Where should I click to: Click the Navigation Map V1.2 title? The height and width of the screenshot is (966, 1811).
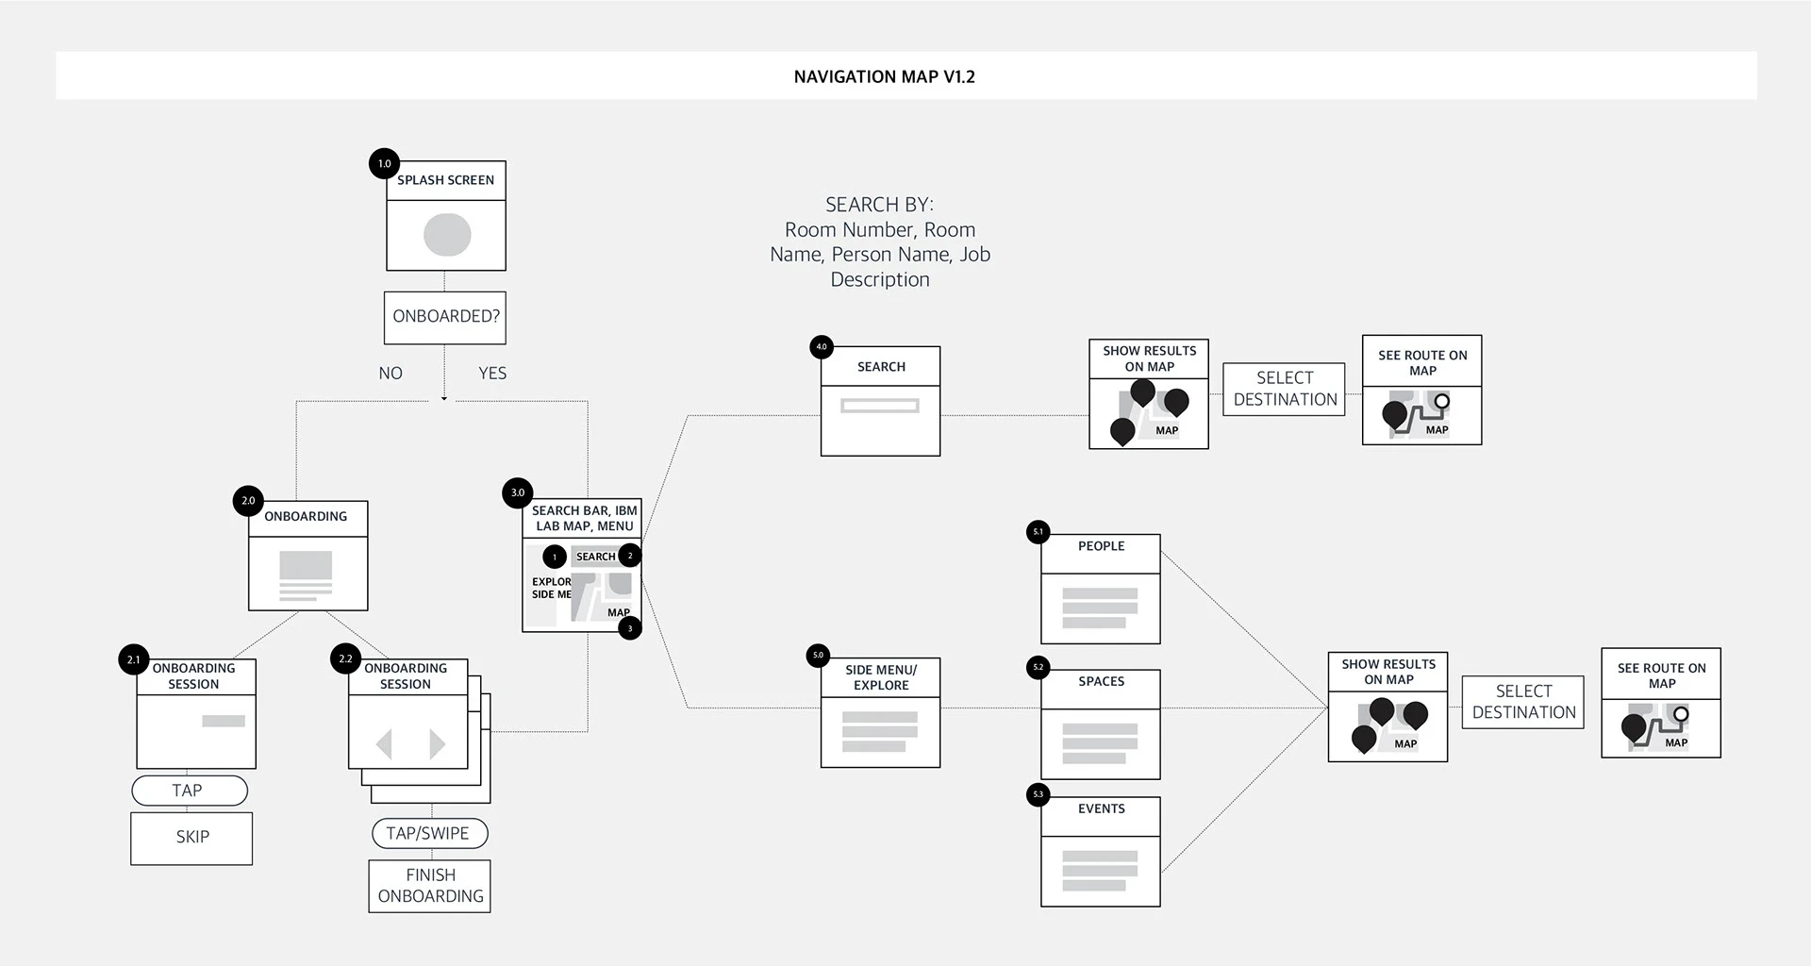point(885,76)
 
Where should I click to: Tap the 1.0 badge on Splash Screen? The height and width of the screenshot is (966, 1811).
point(384,163)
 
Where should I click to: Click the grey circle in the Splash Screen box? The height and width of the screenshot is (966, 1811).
point(447,235)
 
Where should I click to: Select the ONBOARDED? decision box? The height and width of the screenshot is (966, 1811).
point(445,317)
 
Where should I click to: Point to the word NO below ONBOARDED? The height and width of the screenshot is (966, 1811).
point(390,374)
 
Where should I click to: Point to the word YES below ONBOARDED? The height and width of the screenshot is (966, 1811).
point(492,374)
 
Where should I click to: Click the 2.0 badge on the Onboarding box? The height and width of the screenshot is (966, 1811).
point(248,501)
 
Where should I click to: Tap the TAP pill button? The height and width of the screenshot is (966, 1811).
point(190,791)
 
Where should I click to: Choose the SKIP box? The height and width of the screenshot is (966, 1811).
point(191,838)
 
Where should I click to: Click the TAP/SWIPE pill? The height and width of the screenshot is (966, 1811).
point(429,833)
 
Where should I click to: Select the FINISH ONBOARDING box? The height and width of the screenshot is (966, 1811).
point(430,886)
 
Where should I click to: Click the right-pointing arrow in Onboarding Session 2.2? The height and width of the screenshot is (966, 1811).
point(438,744)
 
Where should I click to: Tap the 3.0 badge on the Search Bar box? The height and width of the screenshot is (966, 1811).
point(518,492)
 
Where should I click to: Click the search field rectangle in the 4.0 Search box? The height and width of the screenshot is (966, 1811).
point(880,406)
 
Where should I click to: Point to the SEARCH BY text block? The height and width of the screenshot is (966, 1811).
point(880,241)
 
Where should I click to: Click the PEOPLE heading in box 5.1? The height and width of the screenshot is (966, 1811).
point(1102,546)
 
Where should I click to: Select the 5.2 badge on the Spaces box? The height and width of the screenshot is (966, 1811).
point(1038,667)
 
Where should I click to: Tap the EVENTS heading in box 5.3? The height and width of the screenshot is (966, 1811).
point(1102,808)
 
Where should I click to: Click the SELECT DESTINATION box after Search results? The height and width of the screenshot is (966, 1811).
point(1285,389)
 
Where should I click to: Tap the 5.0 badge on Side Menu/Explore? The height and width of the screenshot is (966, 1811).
point(818,655)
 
